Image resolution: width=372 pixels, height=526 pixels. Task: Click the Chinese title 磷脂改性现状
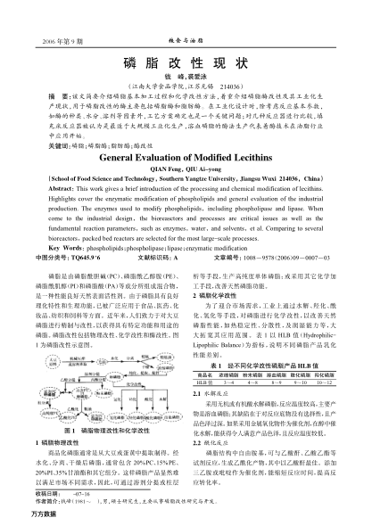coord(186,66)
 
